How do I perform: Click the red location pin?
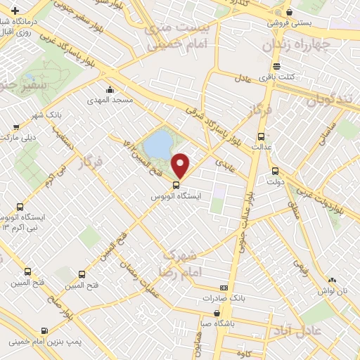tap(181, 165)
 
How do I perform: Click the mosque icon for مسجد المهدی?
tap(110, 90)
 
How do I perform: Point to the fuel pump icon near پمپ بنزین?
tap(46, 330)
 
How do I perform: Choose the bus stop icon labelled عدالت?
tap(262, 136)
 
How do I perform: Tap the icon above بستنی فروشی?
tap(289, 12)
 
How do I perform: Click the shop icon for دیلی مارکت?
tap(16, 127)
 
